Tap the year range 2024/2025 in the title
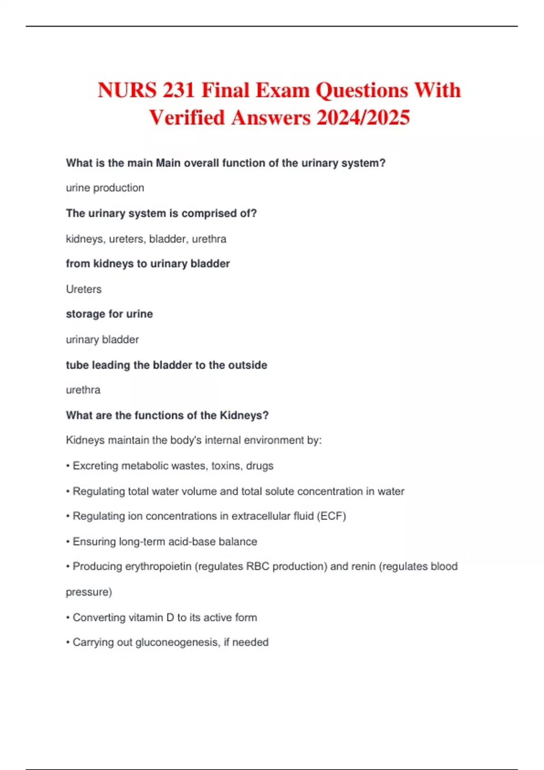tap(363, 118)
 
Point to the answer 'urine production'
tap(105, 188)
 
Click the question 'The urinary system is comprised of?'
tap(161, 213)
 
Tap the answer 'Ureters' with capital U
tap(83, 289)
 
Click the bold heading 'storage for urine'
tap(109, 314)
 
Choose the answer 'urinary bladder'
tap(102, 340)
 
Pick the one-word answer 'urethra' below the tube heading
tap(83, 390)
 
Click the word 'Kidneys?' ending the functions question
tap(244, 415)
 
